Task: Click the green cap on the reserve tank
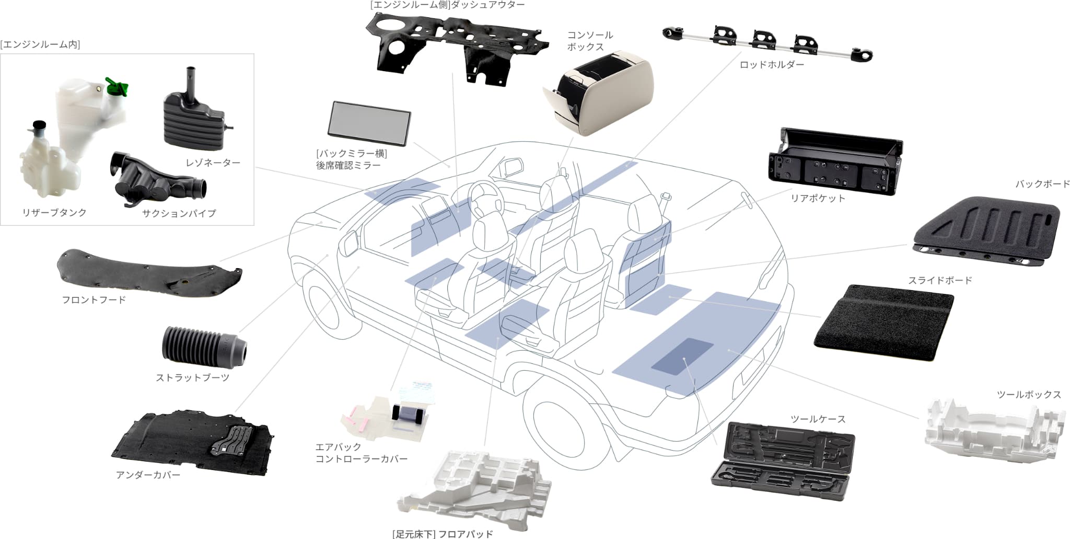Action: tap(118, 86)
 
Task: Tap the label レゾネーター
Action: tap(213, 163)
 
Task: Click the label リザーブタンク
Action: tap(54, 212)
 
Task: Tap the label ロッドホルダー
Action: tap(772, 65)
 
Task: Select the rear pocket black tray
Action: tap(835, 161)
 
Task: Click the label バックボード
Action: tap(1042, 184)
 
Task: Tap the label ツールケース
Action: tap(818, 419)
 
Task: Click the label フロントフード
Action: tap(94, 300)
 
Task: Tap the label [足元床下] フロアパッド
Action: tap(443, 534)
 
